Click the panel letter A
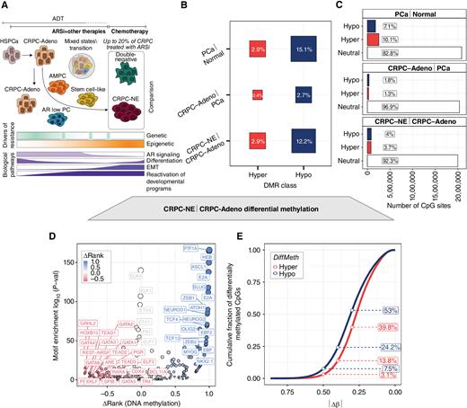(x=5, y=6)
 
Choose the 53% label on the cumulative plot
(x=417, y=310)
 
